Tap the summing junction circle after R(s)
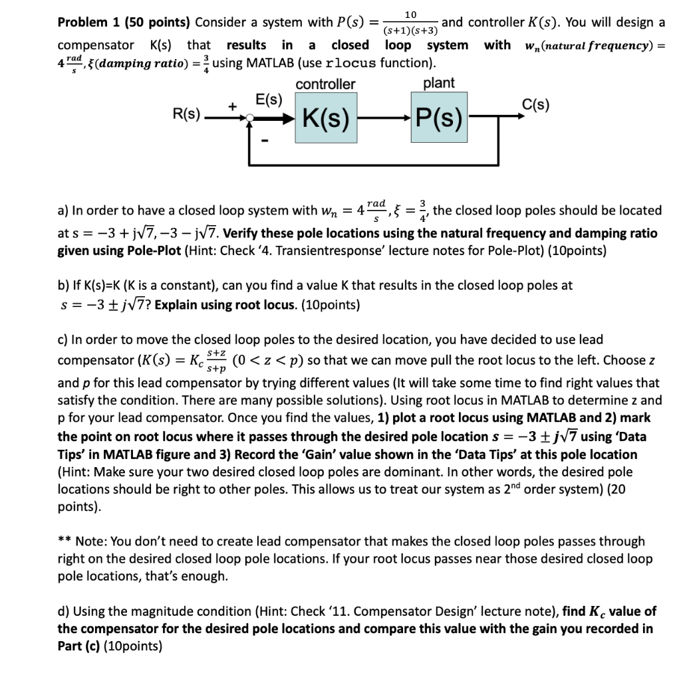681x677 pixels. click(x=249, y=118)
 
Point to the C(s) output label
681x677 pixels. click(x=535, y=104)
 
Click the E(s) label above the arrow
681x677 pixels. click(x=269, y=100)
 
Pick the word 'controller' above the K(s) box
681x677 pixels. click(x=325, y=84)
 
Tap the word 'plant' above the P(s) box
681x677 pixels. click(x=439, y=83)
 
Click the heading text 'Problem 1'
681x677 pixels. click(x=90, y=23)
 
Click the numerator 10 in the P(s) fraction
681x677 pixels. click(x=410, y=15)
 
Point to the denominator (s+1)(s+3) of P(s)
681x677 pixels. click(x=410, y=31)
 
